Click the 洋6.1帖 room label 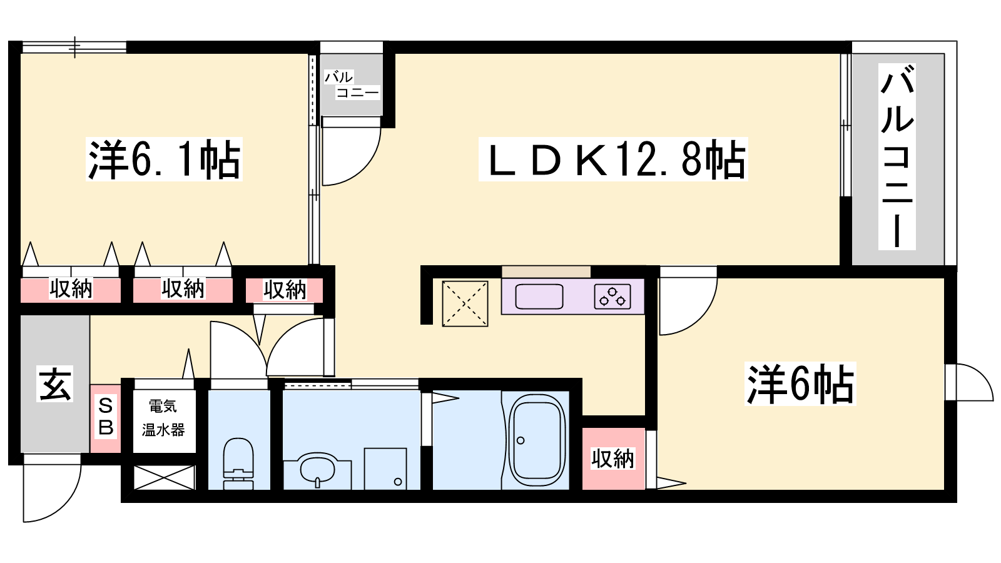pos(164,160)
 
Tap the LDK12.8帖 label pos(613,160)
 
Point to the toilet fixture pos(238,462)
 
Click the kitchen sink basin pos(539,296)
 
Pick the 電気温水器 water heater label pos(163,418)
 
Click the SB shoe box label pos(106,417)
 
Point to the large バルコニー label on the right pos(897,156)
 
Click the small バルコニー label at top pos(351,85)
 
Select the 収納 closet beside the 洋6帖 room pos(612,459)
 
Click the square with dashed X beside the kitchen pos(465,303)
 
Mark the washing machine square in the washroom pos(385,468)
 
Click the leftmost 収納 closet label pos(71,289)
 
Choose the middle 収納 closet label pos(183,289)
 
